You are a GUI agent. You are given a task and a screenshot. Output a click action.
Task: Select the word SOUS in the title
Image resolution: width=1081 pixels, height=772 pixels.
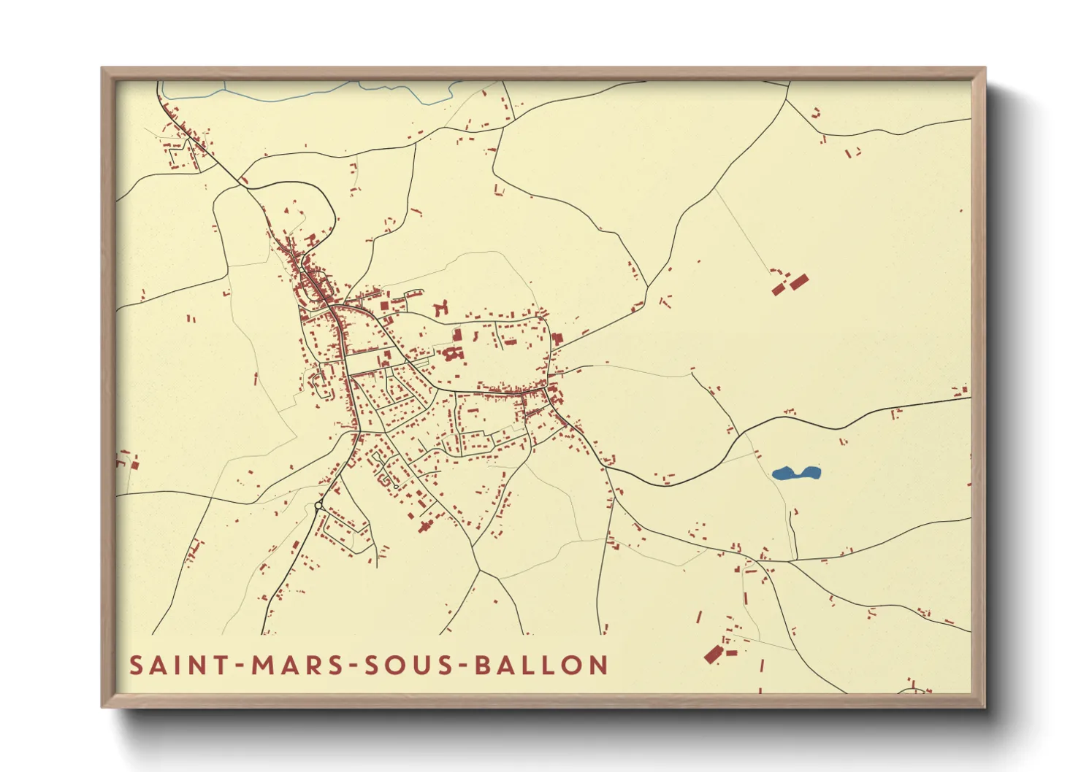[405, 665]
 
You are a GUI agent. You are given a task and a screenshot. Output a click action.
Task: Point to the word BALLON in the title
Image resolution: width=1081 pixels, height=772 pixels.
[541, 665]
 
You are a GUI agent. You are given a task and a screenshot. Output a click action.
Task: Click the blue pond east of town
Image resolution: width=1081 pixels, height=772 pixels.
[795, 474]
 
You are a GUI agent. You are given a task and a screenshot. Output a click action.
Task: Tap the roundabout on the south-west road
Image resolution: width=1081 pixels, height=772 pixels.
[318, 506]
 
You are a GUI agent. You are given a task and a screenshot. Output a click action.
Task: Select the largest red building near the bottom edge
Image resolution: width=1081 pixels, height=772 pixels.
[713, 654]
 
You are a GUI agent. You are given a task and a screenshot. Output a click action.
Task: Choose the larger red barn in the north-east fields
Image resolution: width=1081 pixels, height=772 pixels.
[799, 282]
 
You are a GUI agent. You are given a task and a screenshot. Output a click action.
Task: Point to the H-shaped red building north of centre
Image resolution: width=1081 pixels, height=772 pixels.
[440, 309]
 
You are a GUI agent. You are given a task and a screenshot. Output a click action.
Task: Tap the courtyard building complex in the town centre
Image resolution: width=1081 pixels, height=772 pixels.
[453, 355]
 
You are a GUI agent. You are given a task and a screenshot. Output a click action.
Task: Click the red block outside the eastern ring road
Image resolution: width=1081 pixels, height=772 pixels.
[557, 340]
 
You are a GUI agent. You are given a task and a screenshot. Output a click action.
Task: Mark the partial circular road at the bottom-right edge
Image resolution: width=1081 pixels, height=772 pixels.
[912, 689]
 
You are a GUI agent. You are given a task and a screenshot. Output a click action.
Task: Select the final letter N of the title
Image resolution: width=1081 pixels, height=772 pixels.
[600, 665]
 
